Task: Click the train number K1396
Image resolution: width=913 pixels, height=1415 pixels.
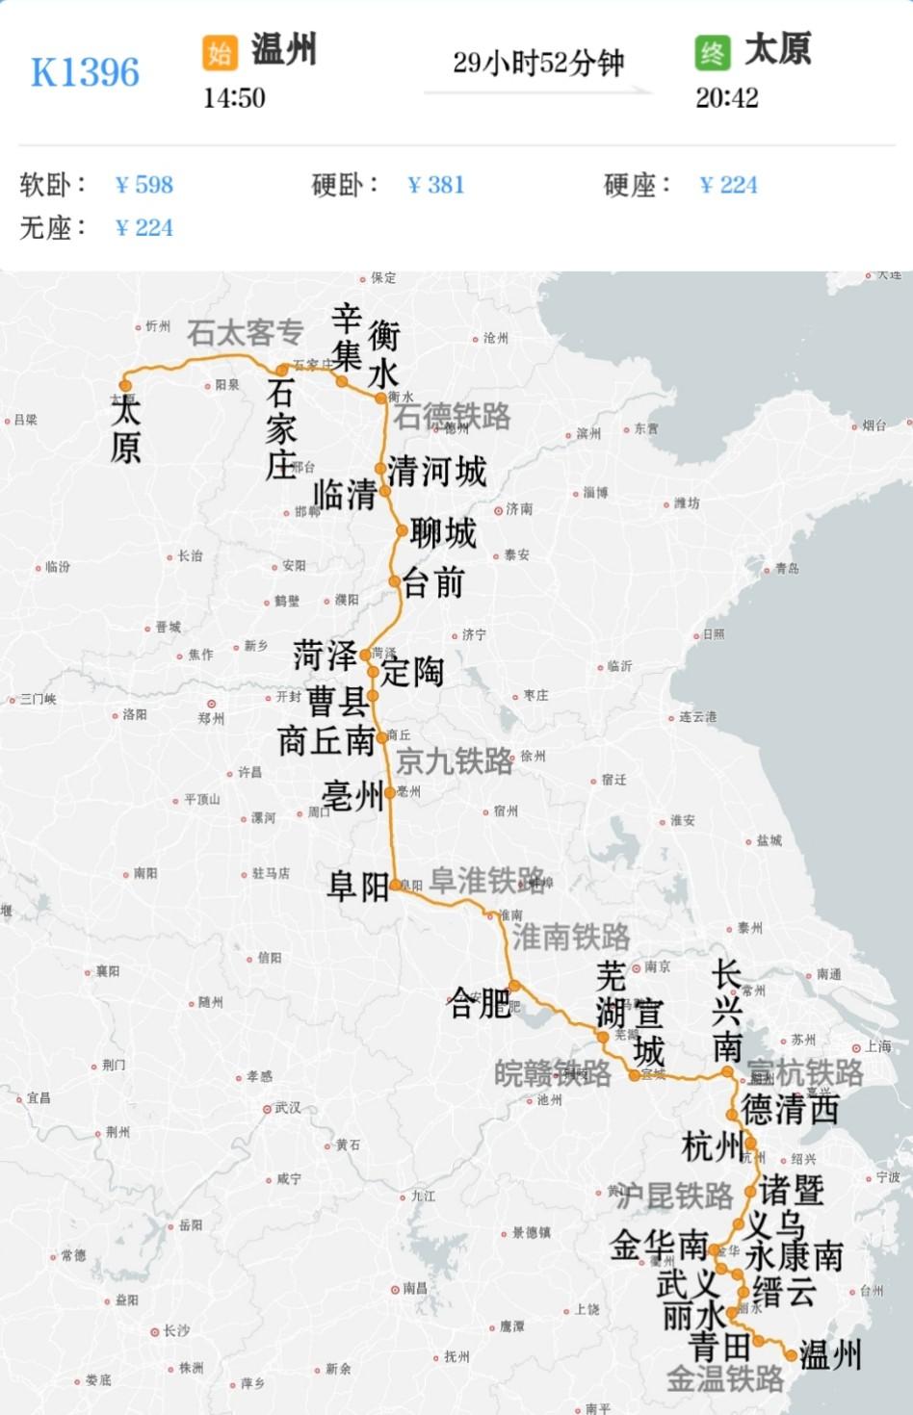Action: click(x=85, y=73)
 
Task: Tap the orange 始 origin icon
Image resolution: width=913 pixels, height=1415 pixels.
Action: click(x=220, y=52)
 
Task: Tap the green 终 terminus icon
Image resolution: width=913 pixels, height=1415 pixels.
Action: click(x=713, y=52)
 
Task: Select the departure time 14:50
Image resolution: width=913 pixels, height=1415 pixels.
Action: click(x=234, y=98)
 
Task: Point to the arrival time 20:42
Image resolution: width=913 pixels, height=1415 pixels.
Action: click(x=727, y=98)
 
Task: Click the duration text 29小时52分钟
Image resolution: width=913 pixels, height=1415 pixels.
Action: click(x=538, y=64)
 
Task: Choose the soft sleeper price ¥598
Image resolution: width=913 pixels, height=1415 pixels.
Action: click(x=144, y=185)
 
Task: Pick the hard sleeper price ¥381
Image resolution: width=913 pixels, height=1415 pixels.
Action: click(x=436, y=185)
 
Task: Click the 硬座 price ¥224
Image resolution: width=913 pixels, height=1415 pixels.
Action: click(x=729, y=185)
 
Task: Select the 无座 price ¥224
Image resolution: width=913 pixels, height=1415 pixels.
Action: click(x=144, y=228)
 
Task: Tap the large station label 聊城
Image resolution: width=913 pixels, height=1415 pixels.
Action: click(x=443, y=532)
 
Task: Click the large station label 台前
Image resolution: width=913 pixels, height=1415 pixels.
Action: click(x=433, y=582)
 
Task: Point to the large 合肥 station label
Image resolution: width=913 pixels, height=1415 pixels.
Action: click(x=481, y=1003)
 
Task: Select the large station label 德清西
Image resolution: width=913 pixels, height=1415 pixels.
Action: click(x=790, y=1110)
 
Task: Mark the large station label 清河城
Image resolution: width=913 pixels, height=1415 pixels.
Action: click(x=437, y=472)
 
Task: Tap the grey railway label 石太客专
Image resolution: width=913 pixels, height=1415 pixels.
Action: click(x=245, y=333)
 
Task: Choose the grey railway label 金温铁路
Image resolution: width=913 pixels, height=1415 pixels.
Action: click(x=725, y=1379)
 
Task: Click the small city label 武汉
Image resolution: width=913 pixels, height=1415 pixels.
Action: click(x=286, y=1108)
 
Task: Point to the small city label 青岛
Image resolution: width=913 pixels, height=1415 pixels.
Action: click(x=787, y=568)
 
